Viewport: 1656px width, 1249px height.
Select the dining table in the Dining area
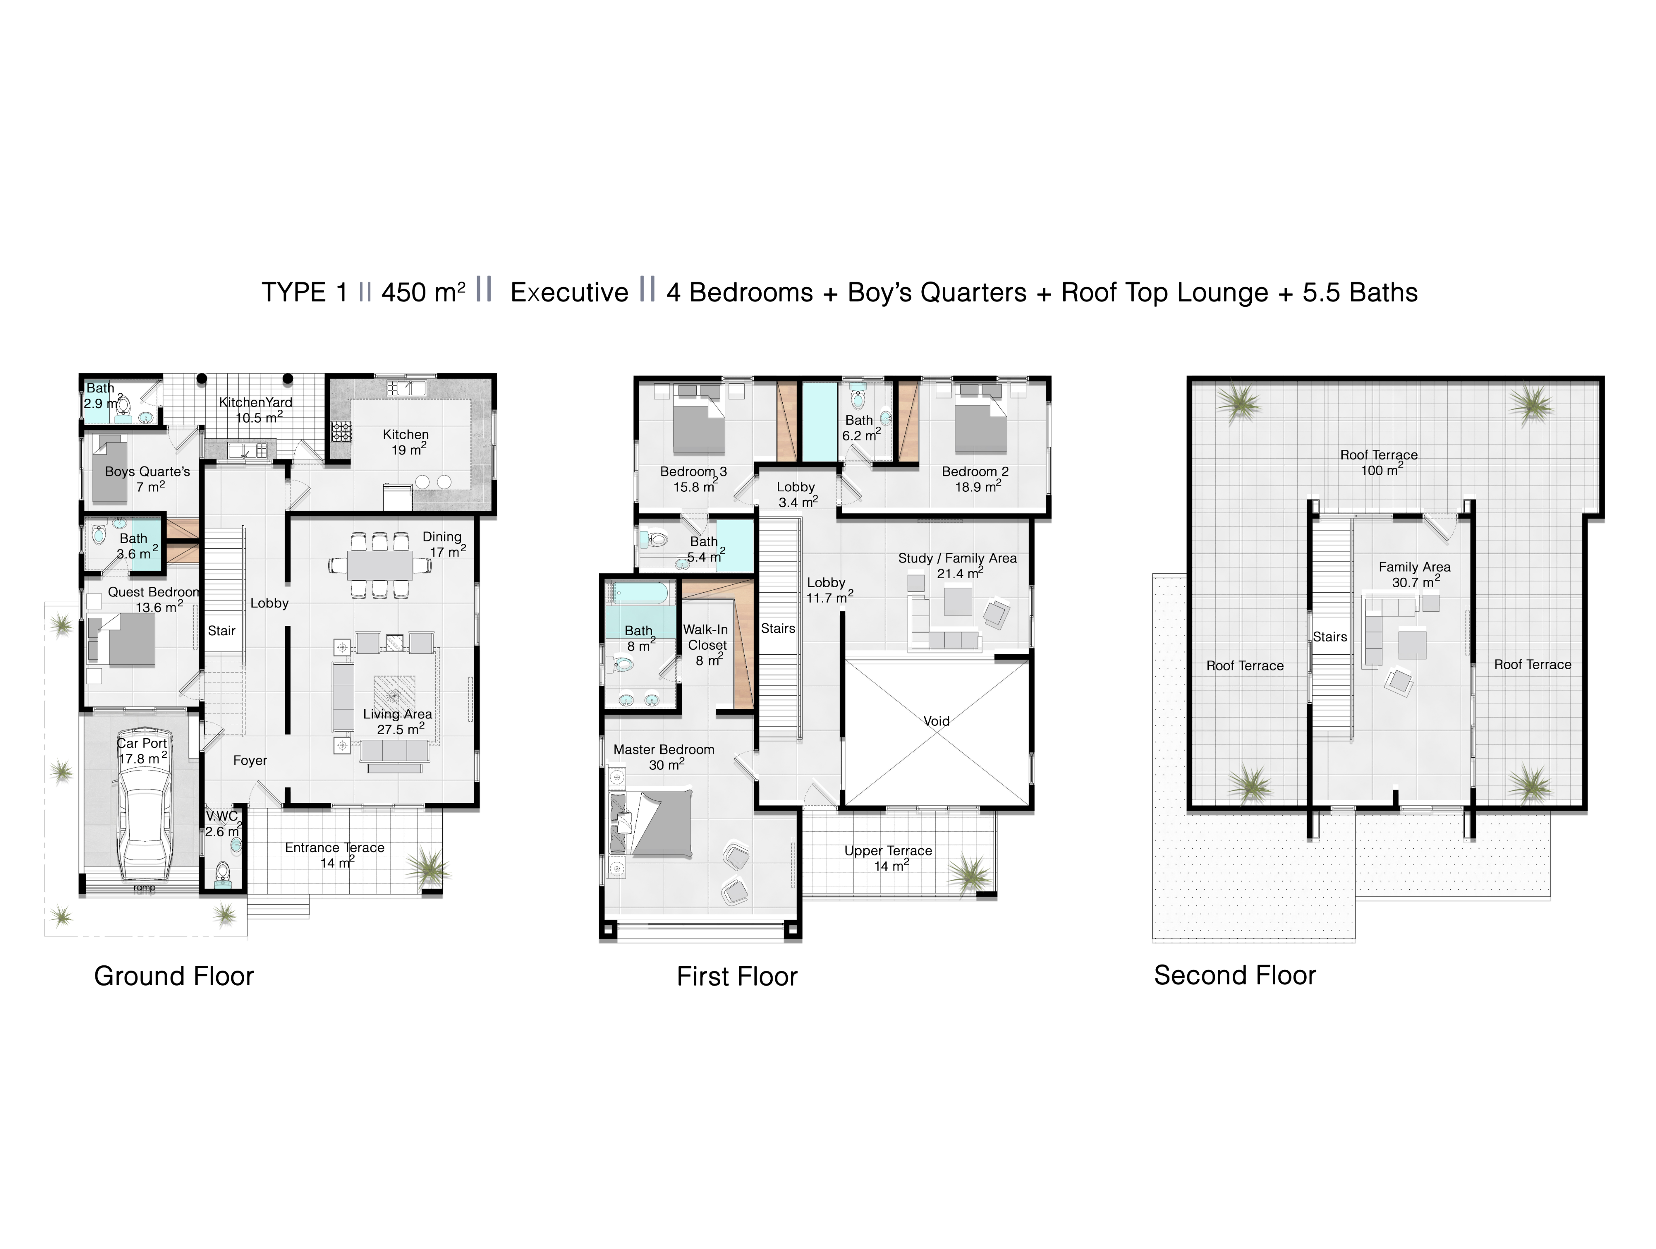point(380,565)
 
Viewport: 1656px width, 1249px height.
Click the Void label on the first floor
point(936,720)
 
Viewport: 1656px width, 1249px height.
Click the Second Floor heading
point(1234,975)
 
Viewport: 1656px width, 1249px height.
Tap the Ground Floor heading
point(174,976)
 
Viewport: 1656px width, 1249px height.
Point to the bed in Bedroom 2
point(981,422)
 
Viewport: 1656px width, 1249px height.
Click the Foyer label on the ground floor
point(249,760)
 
